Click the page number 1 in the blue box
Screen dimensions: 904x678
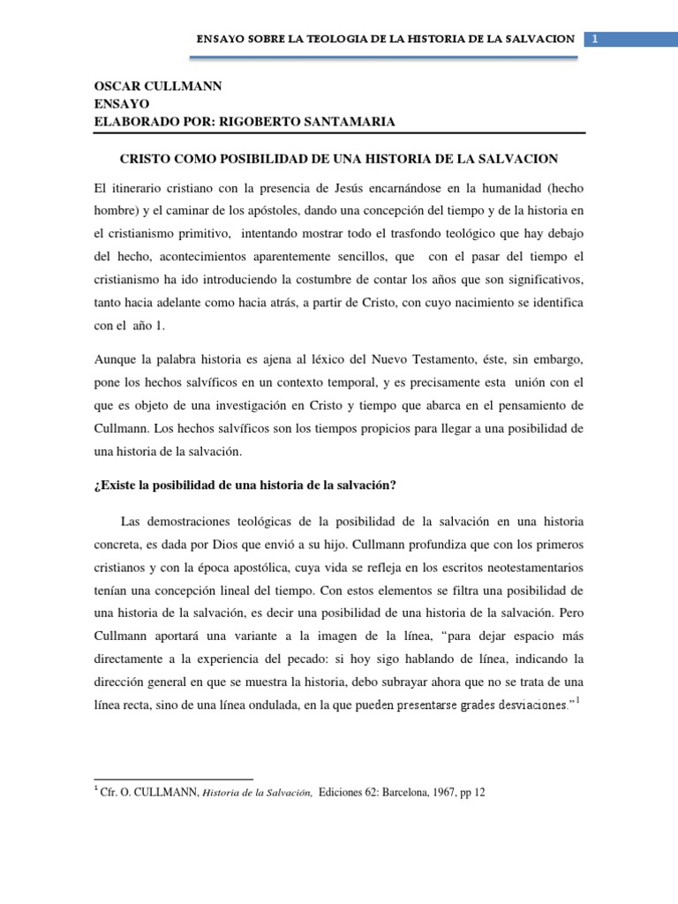[x=597, y=39]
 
